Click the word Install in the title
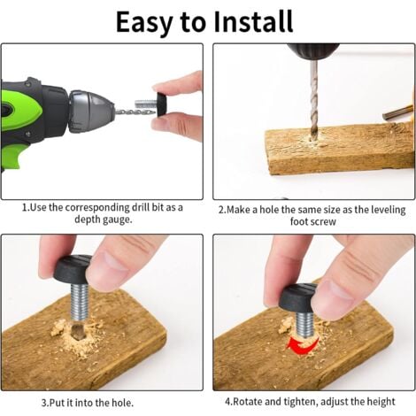(x=253, y=21)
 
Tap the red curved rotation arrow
(x=302, y=344)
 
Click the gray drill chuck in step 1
(x=91, y=111)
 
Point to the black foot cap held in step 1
(x=162, y=104)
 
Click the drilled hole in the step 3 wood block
(x=78, y=331)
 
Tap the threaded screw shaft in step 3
(x=80, y=302)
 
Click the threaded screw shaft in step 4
(x=306, y=325)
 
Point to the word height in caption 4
(x=381, y=402)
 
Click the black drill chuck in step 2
(x=313, y=51)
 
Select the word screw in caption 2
(x=324, y=221)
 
